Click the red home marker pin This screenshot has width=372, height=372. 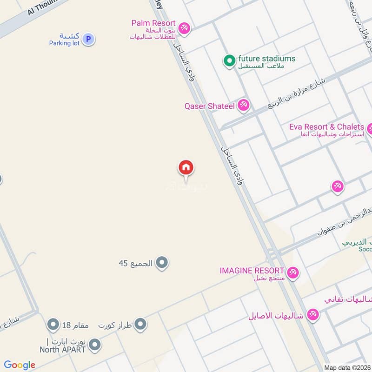click(186, 167)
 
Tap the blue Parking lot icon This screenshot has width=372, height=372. click(89, 40)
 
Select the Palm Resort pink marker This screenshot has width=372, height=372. click(185, 28)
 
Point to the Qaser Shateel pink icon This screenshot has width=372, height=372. click(243, 106)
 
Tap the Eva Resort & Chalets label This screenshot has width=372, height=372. click(326, 127)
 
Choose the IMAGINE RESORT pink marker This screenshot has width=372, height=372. click(292, 272)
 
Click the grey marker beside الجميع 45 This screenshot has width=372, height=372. click(162, 264)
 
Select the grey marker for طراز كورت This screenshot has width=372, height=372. click(140, 325)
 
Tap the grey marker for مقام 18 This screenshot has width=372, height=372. click(53, 324)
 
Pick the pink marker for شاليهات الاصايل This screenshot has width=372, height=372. click(313, 315)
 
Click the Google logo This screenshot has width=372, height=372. click(20, 365)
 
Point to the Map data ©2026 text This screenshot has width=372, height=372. click(347, 367)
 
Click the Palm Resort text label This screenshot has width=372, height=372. click(153, 23)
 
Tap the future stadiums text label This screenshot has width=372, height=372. click(266, 59)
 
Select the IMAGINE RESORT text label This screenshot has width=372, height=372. click(252, 271)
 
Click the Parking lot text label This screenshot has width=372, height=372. click(65, 43)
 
